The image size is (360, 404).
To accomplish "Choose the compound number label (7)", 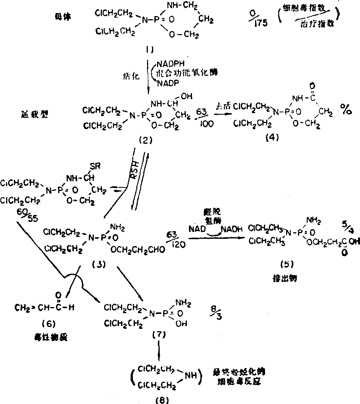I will point(158,334).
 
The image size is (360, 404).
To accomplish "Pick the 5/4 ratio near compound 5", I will point(345,226).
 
